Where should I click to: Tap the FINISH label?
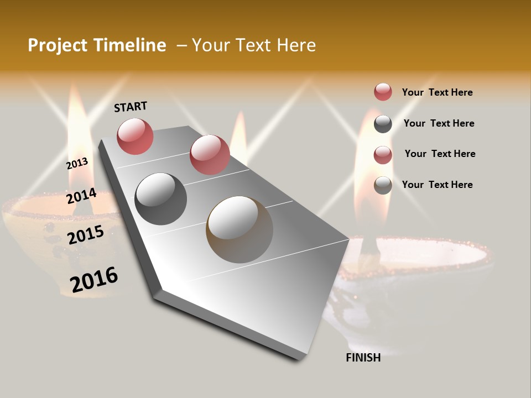click(x=363, y=358)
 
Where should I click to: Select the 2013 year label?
click(x=77, y=163)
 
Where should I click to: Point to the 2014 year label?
click(x=81, y=196)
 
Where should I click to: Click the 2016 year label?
click(x=94, y=279)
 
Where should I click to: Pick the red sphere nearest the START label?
click(x=135, y=136)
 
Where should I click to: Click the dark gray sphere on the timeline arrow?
click(x=160, y=198)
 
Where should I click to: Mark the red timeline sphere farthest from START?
click(x=209, y=154)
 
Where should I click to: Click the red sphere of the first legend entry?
click(x=383, y=92)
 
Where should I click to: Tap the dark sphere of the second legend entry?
click(x=383, y=124)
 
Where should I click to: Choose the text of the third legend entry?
click(x=440, y=154)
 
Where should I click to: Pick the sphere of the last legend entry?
click(x=383, y=185)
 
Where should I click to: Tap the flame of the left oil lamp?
click(x=75, y=133)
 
